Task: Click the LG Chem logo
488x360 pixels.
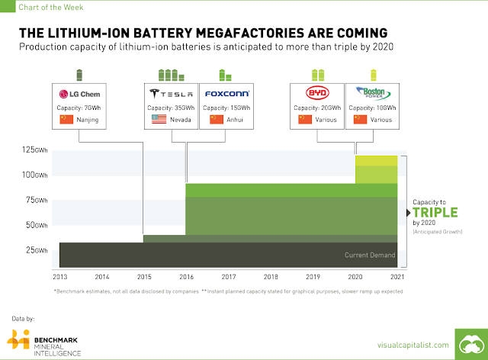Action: (79, 94)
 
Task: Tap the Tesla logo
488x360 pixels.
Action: (171, 93)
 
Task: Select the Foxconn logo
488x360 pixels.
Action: (227, 93)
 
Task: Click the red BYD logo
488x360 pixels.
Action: (317, 93)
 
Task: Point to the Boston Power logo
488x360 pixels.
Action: (373, 93)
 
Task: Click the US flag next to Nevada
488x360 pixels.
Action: (159, 119)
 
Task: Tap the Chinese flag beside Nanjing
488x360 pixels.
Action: (66, 120)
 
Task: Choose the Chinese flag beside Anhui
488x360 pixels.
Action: (217, 120)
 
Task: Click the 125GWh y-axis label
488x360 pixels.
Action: (34, 149)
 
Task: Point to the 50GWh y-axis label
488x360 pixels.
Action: (37, 225)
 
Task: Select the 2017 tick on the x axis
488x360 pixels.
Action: (229, 277)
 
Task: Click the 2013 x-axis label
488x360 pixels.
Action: (60, 277)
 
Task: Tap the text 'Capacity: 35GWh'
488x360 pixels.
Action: (171, 108)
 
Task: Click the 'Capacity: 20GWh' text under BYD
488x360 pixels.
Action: (317, 108)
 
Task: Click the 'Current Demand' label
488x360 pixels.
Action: (370, 255)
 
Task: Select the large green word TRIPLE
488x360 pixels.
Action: (435, 212)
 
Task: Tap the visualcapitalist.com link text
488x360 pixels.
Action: (413, 345)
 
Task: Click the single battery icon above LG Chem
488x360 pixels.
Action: (79, 75)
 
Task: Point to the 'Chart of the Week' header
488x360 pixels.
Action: (51, 7)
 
